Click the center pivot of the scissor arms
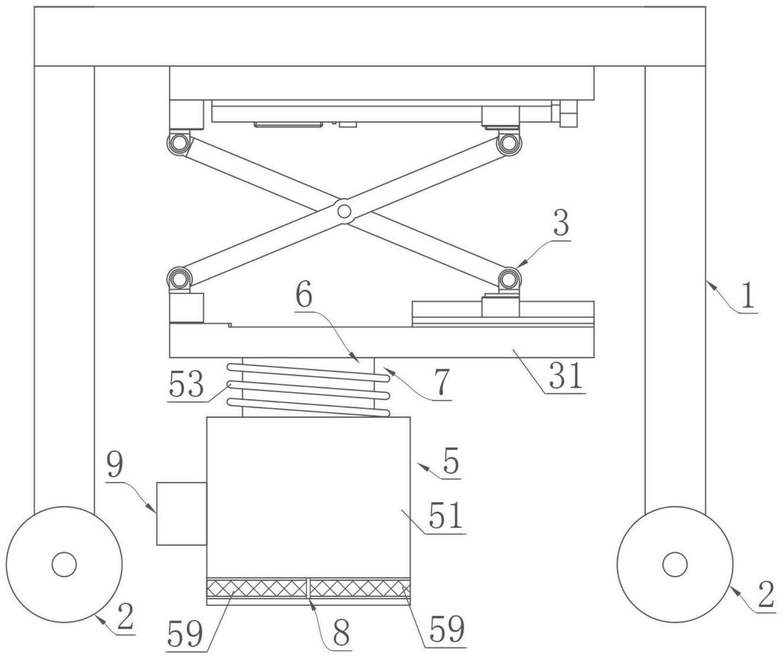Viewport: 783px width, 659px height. click(x=344, y=211)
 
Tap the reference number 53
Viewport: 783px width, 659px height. click(x=186, y=384)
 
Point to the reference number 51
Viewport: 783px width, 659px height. click(x=446, y=516)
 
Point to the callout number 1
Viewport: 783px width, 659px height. click(x=747, y=295)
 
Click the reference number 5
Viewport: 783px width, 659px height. click(x=451, y=462)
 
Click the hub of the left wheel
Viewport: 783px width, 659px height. click(x=64, y=564)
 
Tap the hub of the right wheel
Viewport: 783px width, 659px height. click(x=675, y=564)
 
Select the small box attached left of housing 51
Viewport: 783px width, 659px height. click(x=182, y=513)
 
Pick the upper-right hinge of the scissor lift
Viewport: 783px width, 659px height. click(x=508, y=142)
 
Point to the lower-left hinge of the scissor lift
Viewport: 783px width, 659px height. click(x=179, y=278)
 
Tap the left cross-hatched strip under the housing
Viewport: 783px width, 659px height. click(x=256, y=588)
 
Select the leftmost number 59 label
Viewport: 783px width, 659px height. click(x=185, y=635)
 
